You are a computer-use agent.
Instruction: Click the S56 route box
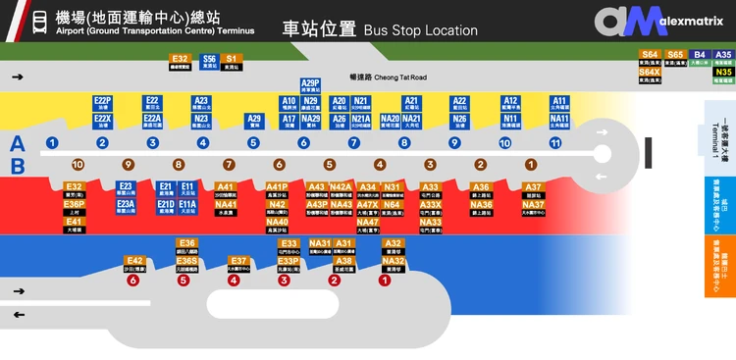click(x=209, y=59)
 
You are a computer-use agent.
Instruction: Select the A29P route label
click(x=310, y=83)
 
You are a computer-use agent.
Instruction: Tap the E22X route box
click(x=103, y=118)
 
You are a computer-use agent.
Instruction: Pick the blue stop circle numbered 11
click(x=555, y=143)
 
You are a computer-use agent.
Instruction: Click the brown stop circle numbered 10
click(x=78, y=165)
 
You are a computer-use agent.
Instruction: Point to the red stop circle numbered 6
click(x=133, y=280)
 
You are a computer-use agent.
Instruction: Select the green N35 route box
click(x=723, y=72)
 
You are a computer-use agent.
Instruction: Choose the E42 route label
click(x=134, y=261)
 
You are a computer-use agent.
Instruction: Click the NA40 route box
click(x=278, y=223)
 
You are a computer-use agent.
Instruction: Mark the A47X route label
click(x=368, y=205)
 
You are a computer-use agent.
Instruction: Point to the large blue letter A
click(x=17, y=142)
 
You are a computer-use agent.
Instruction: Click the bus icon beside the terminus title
click(x=40, y=22)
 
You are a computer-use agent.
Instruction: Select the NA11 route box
click(x=559, y=118)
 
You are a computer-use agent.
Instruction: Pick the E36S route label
click(x=187, y=261)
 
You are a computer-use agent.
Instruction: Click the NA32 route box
click(x=394, y=261)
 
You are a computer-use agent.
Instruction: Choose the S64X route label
click(x=650, y=72)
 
